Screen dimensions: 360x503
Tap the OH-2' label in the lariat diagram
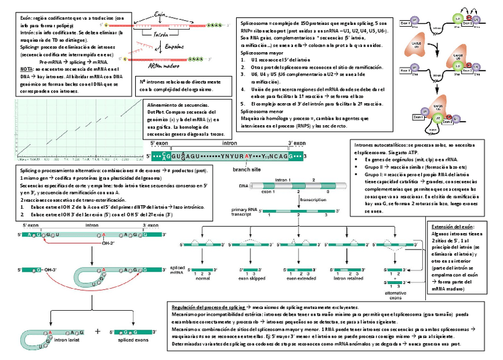107,243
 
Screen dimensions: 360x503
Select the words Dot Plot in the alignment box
154,112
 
